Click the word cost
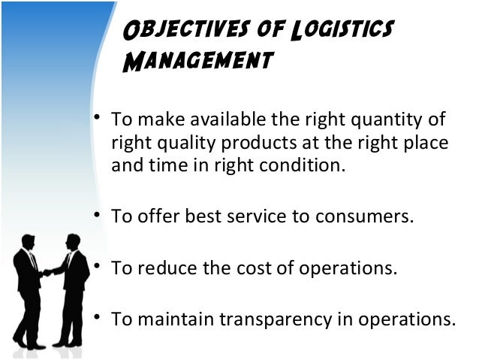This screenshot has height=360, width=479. (250, 267)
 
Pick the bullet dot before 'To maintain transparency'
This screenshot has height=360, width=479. (97, 316)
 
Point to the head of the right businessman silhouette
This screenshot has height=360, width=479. (73, 241)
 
